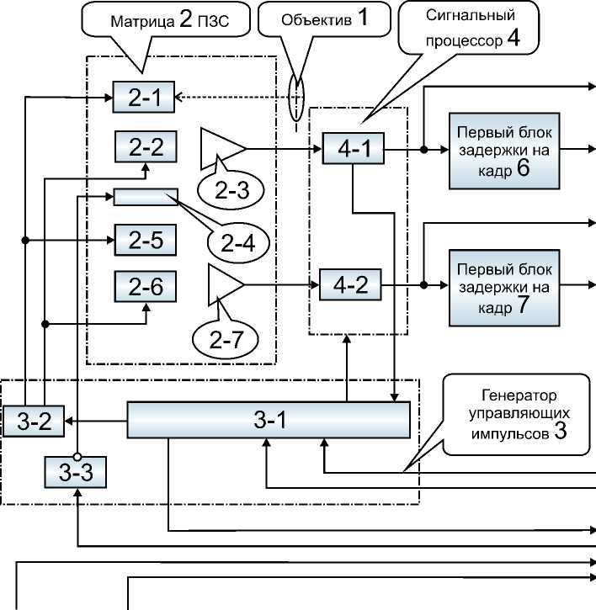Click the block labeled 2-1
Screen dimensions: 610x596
144,98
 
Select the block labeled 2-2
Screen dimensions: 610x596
146,147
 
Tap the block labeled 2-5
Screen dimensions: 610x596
146,241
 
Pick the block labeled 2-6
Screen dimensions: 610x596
146,287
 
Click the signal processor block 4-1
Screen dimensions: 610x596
353,150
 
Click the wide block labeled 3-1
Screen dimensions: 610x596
268,420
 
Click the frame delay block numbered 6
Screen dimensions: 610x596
503,150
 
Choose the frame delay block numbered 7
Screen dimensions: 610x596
503,286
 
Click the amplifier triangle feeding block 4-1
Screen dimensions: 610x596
221,148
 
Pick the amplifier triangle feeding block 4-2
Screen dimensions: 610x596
223,285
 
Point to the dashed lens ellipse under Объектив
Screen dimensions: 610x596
295,98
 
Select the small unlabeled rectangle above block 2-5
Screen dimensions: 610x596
146,196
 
